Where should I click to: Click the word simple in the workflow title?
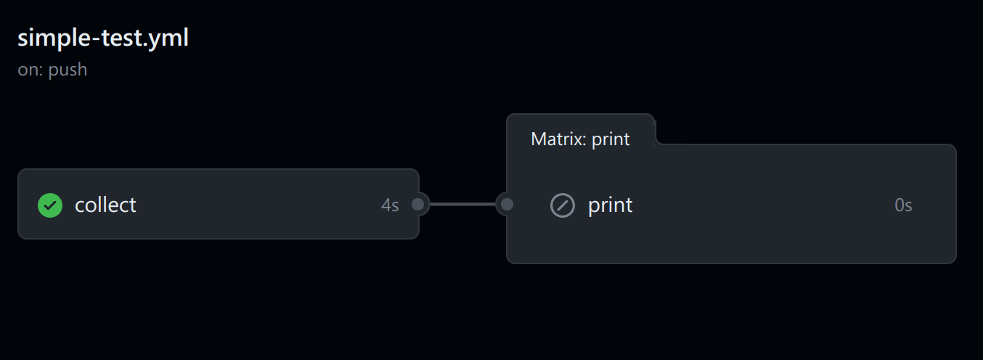point(54,38)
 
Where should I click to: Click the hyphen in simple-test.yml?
point(96,39)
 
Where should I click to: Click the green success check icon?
point(50,205)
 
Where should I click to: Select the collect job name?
point(105,205)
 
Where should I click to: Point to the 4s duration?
point(390,205)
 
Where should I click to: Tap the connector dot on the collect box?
point(418,205)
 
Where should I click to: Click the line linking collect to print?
point(462,205)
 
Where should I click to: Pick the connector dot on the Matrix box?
point(507,205)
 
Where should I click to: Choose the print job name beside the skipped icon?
point(611,205)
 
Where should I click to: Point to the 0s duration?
point(903,205)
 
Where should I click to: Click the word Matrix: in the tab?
point(558,139)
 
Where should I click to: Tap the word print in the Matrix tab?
point(611,139)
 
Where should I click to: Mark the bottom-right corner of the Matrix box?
point(955,263)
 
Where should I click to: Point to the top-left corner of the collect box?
point(18,170)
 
